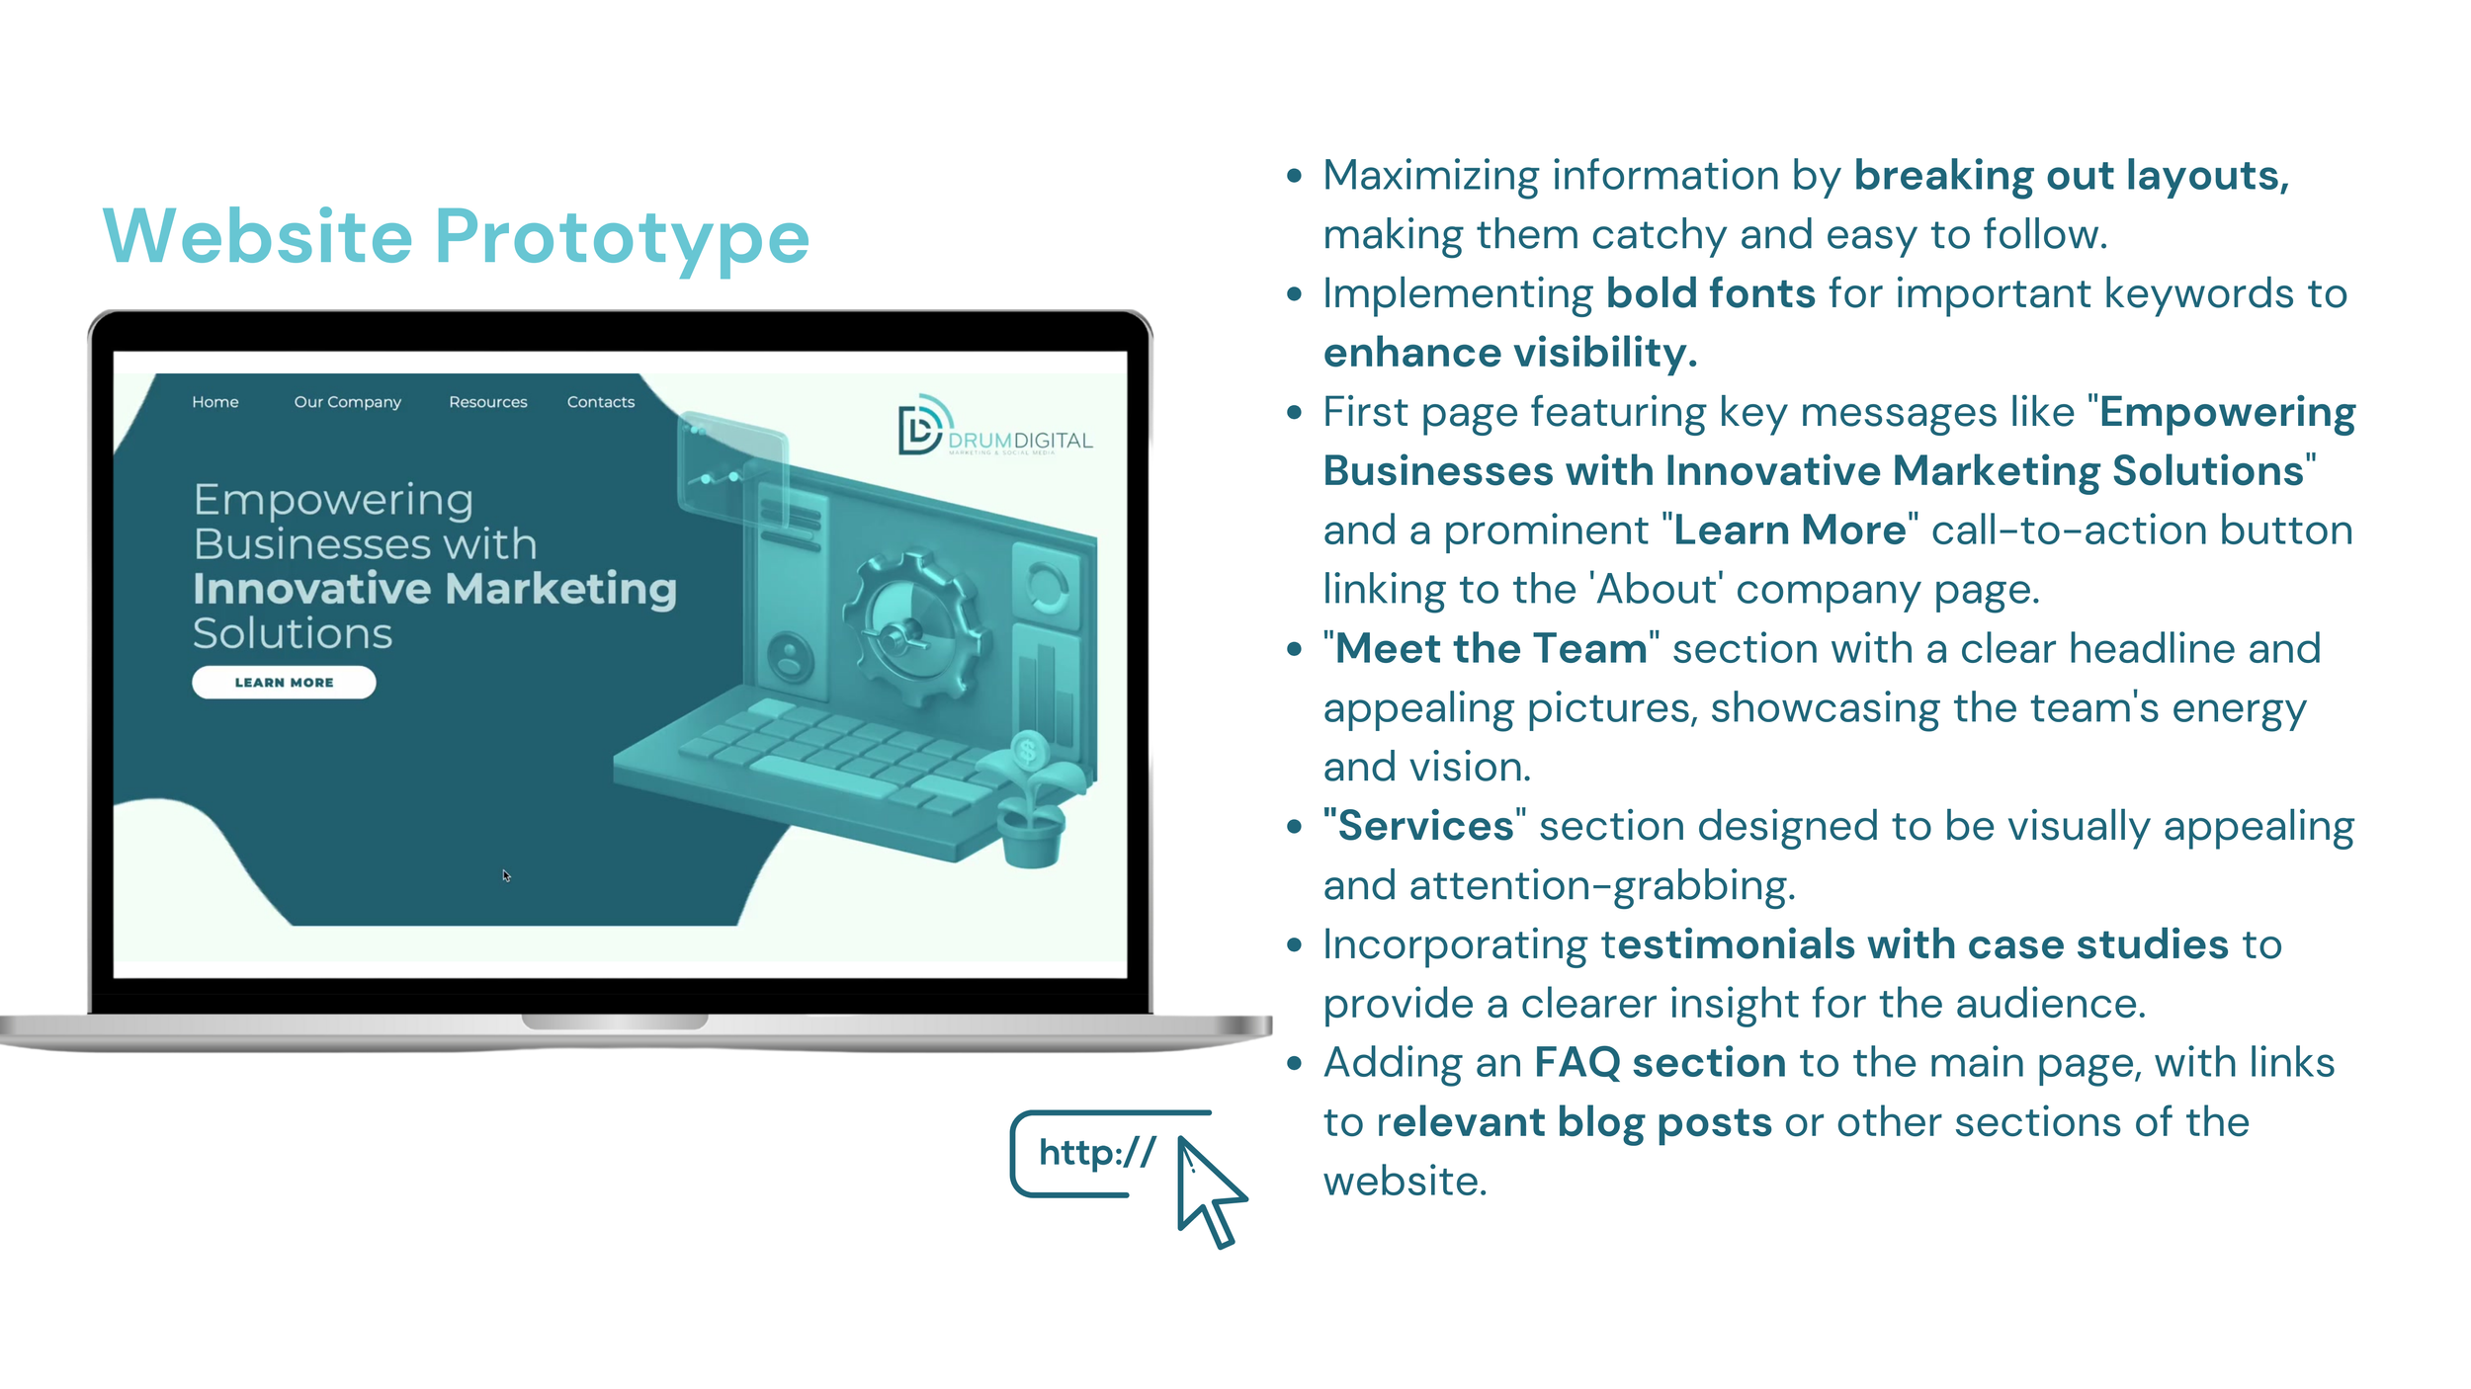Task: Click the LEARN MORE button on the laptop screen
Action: [x=284, y=683]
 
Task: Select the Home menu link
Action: [x=215, y=402]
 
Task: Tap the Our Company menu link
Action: [x=347, y=402]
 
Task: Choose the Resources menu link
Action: [x=487, y=402]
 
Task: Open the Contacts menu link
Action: [x=601, y=402]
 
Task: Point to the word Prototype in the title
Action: [x=622, y=237]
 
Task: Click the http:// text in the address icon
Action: [x=1097, y=1152]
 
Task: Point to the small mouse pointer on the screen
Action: [x=506, y=875]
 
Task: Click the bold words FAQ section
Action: [x=1660, y=1063]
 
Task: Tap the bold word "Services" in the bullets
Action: [x=1424, y=826]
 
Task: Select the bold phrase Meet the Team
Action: [x=1491, y=649]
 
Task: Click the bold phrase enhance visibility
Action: [x=1509, y=353]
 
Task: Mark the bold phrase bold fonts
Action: [x=1710, y=293]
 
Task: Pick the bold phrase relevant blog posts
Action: [x=1575, y=1122]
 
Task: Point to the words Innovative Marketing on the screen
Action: [x=435, y=589]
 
